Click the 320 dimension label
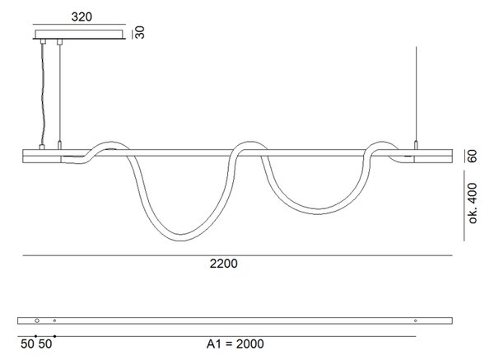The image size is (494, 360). click(82, 16)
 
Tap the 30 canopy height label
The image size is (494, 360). click(140, 32)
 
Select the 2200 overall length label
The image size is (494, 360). click(224, 264)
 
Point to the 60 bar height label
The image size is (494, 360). click(473, 156)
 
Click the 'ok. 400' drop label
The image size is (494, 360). click(473, 203)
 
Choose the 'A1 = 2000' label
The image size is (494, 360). click(235, 344)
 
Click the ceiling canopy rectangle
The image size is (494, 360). click(79, 34)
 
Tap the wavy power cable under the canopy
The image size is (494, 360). click(43, 94)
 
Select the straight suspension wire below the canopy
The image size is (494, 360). click(59, 93)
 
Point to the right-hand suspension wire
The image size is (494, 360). click(416, 94)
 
